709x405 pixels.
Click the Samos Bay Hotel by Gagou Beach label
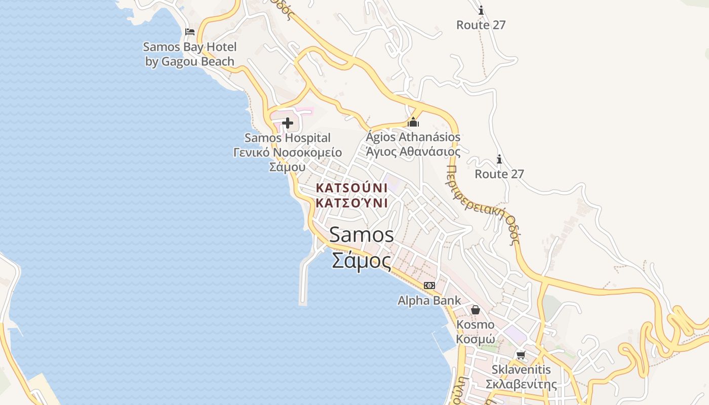(x=190, y=54)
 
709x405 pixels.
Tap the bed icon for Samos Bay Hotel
(x=190, y=31)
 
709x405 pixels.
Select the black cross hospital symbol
(x=288, y=123)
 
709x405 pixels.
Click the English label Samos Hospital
(x=288, y=138)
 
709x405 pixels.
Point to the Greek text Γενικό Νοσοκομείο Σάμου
(x=288, y=159)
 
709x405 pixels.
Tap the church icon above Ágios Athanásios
(x=413, y=122)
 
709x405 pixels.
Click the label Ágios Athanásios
(x=413, y=137)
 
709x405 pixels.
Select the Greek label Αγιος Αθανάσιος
(x=413, y=151)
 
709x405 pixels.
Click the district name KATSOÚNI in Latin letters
(x=351, y=188)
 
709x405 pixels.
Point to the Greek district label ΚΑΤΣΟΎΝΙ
(x=351, y=203)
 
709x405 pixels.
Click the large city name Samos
(x=362, y=234)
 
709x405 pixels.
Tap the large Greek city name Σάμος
(x=362, y=261)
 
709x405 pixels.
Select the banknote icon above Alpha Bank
(x=429, y=286)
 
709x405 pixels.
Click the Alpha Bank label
(x=429, y=300)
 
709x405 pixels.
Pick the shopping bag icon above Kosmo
(x=475, y=310)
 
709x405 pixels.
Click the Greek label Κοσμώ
(x=475, y=339)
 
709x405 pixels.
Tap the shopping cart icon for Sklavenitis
(x=521, y=355)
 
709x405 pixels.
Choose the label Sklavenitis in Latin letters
(x=521, y=370)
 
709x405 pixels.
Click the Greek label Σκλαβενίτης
(x=521, y=384)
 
